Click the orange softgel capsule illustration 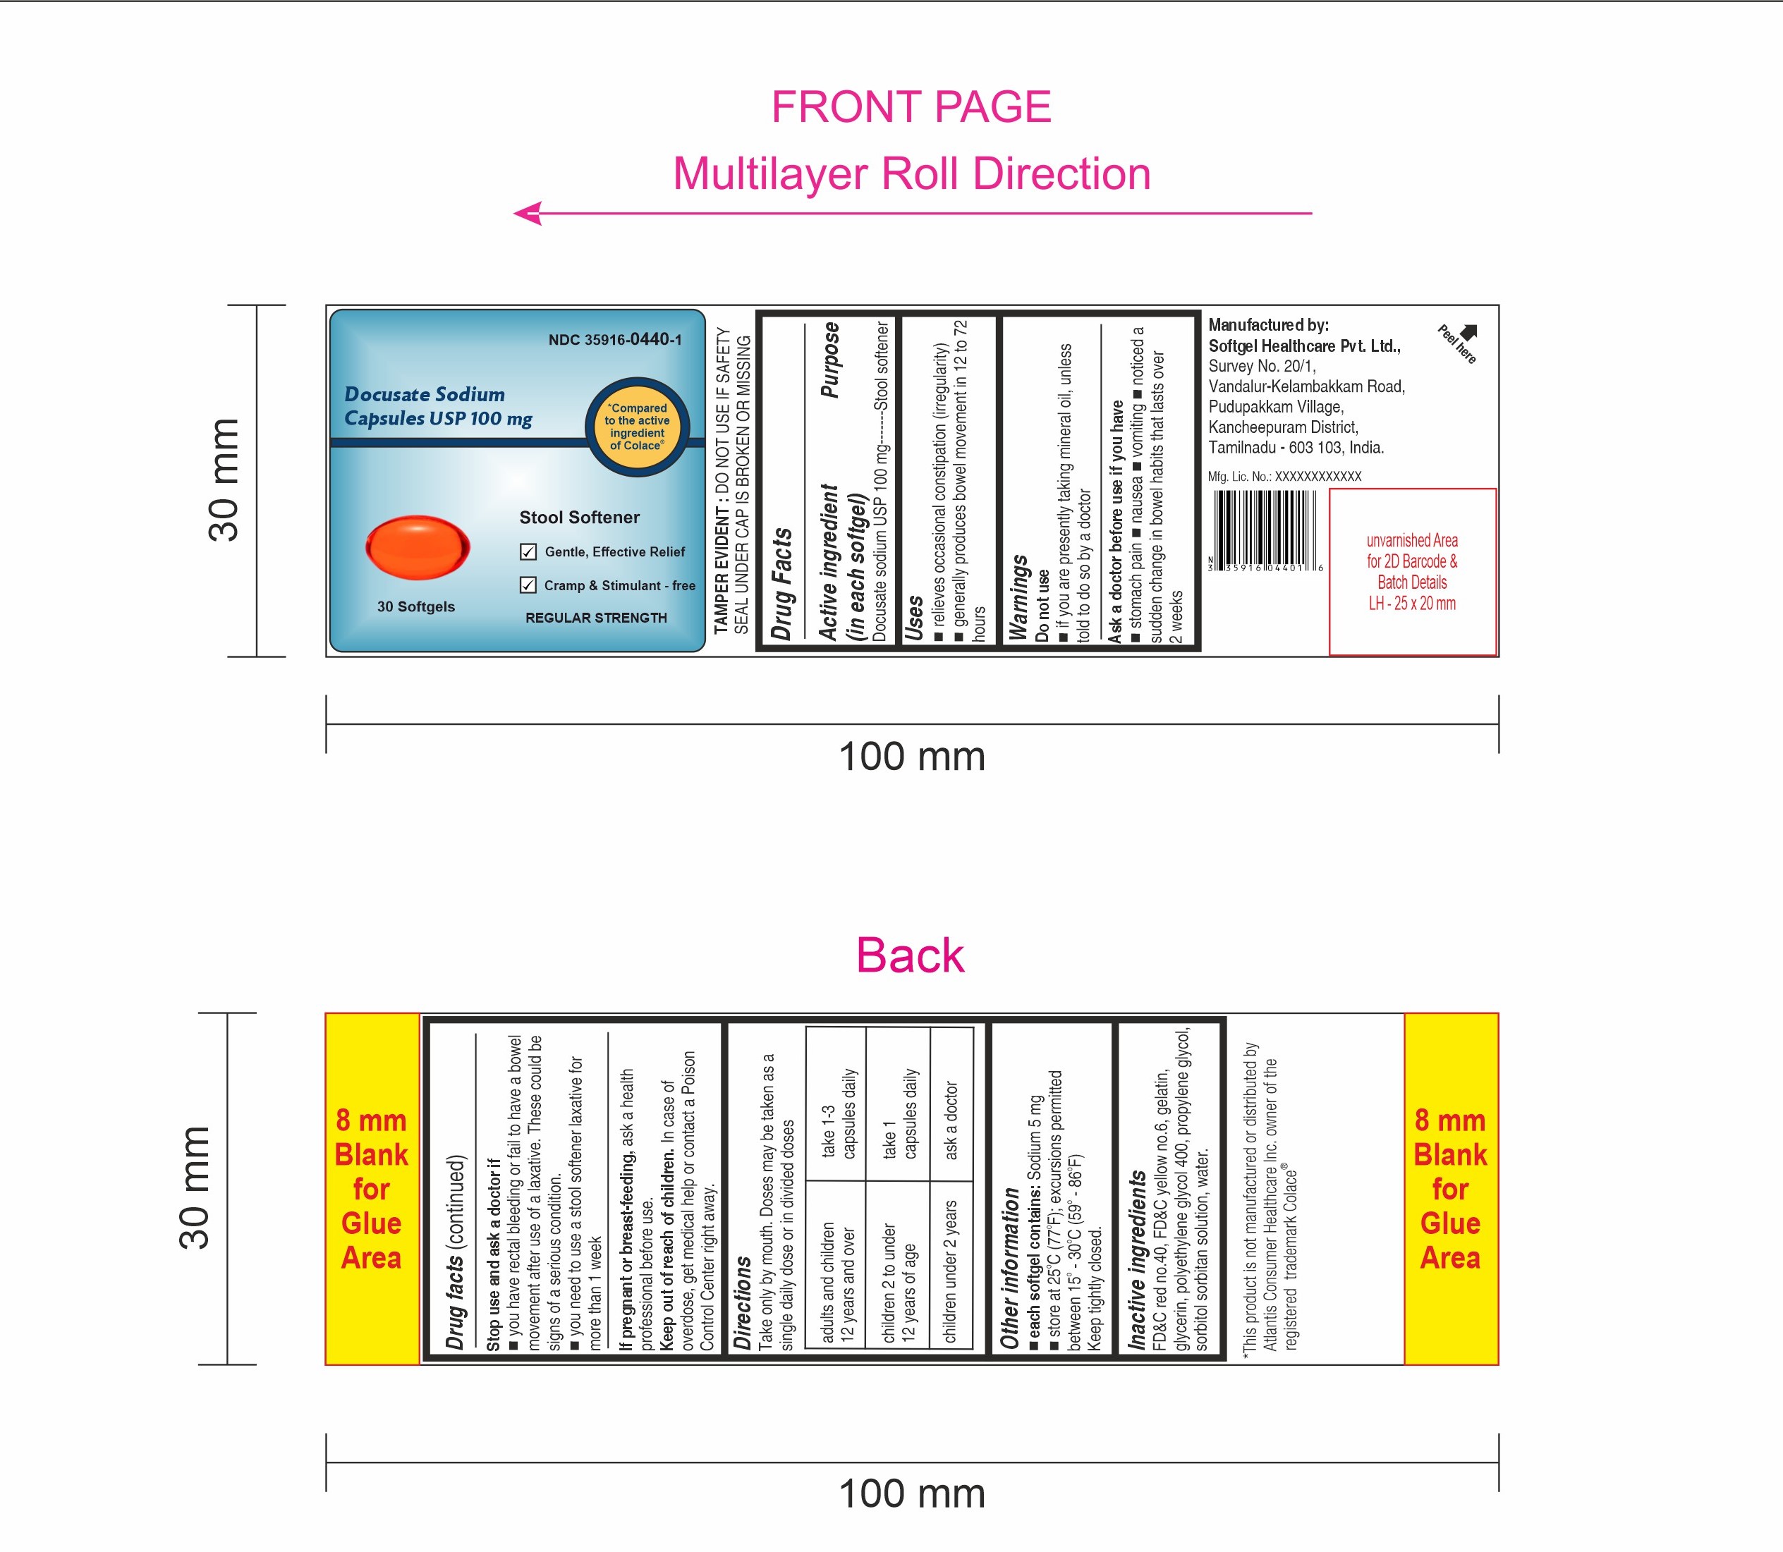(418, 547)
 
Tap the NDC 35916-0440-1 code (615, 339)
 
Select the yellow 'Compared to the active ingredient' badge (638, 427)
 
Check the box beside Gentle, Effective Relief (528, 551)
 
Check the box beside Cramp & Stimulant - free (528, 585)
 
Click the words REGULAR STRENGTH (596, 618)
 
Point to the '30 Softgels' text (416, 606)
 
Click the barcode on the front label (1266, 530)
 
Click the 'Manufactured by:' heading (1268, 325)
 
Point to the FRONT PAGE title (911, 107)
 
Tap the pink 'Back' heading (910, 956)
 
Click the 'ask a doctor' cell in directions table (951, 1120)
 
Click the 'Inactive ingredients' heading (1137, 1260)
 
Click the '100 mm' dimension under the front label (912, 757)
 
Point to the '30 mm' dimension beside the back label (195, 1188)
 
